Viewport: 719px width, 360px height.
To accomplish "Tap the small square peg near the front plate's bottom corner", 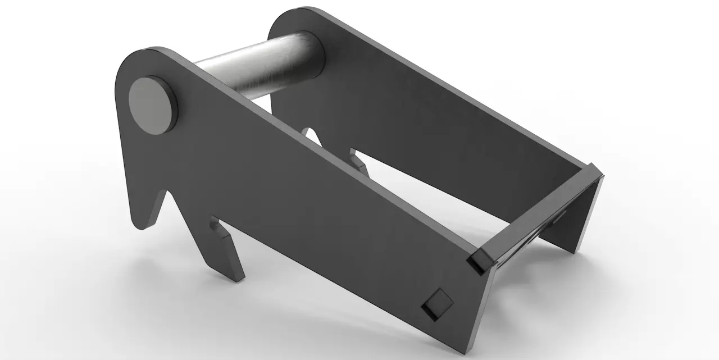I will pyautogui.click(x=438, y=304).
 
